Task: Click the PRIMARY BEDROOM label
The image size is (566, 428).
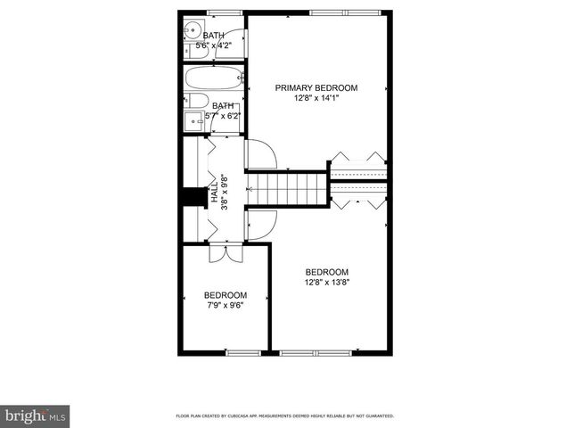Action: (x=316, y=87)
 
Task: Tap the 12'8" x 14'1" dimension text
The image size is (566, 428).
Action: (x=316, y=98)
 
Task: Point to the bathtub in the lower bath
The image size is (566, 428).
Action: (x=214, y=78)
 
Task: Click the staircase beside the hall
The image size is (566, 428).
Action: (x=287, y=188)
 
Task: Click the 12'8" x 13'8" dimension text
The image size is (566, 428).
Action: (x=326, y=283)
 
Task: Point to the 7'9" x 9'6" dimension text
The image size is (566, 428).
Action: (x=225, y=305)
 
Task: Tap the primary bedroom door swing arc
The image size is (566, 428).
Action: (x=262, y=155)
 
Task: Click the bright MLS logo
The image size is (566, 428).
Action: (x=36, y=416)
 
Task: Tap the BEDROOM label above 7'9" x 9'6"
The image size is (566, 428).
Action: (x=225, y=295)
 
